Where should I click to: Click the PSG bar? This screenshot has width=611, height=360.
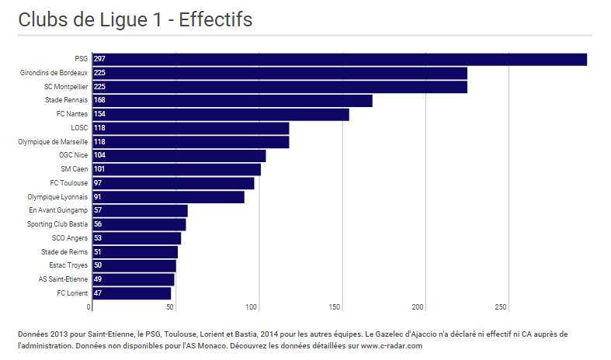pos(339,60)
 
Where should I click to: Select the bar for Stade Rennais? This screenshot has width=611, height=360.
pos(232,101)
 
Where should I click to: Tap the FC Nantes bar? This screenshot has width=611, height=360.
pos(220,115)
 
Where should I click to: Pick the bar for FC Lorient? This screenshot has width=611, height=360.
pos(131,293)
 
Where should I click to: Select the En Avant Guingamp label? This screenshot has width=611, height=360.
pos(58,210)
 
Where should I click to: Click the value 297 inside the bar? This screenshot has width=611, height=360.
pos(99,60)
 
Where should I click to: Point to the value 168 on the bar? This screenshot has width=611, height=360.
pos(99,101)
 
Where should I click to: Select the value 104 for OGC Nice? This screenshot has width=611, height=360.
pos(99,156)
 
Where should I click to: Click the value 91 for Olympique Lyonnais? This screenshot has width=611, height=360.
pos(98,197)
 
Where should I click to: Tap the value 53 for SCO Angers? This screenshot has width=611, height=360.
pos(98,238)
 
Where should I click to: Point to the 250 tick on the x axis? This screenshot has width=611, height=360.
pos(502,307)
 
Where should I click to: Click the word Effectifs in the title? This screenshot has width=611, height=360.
pos(215,20)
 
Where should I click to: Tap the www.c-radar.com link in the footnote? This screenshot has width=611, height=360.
pos(391,346)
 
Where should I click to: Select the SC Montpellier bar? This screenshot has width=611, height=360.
pos(279,87)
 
